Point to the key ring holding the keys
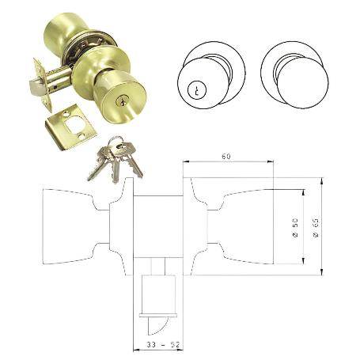116,145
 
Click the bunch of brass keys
116,161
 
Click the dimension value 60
226,157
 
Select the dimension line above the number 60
228,163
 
